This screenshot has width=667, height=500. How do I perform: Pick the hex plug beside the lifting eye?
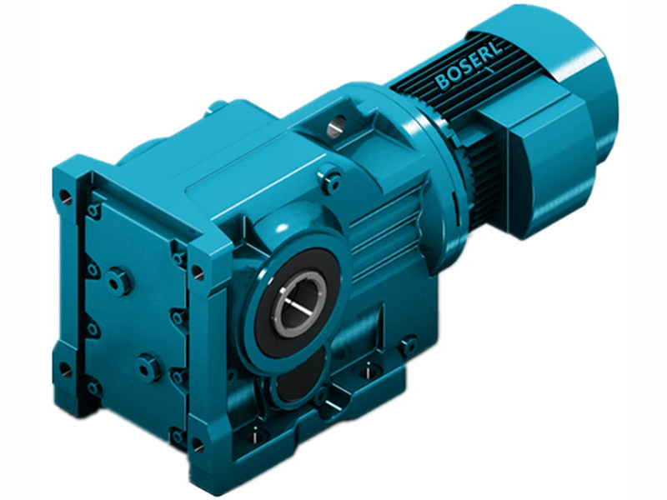(x=334, y=177)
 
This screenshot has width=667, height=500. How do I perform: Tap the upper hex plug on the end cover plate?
(x=123, y=278)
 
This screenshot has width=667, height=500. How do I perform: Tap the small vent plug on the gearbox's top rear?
(x=214, y=106)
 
